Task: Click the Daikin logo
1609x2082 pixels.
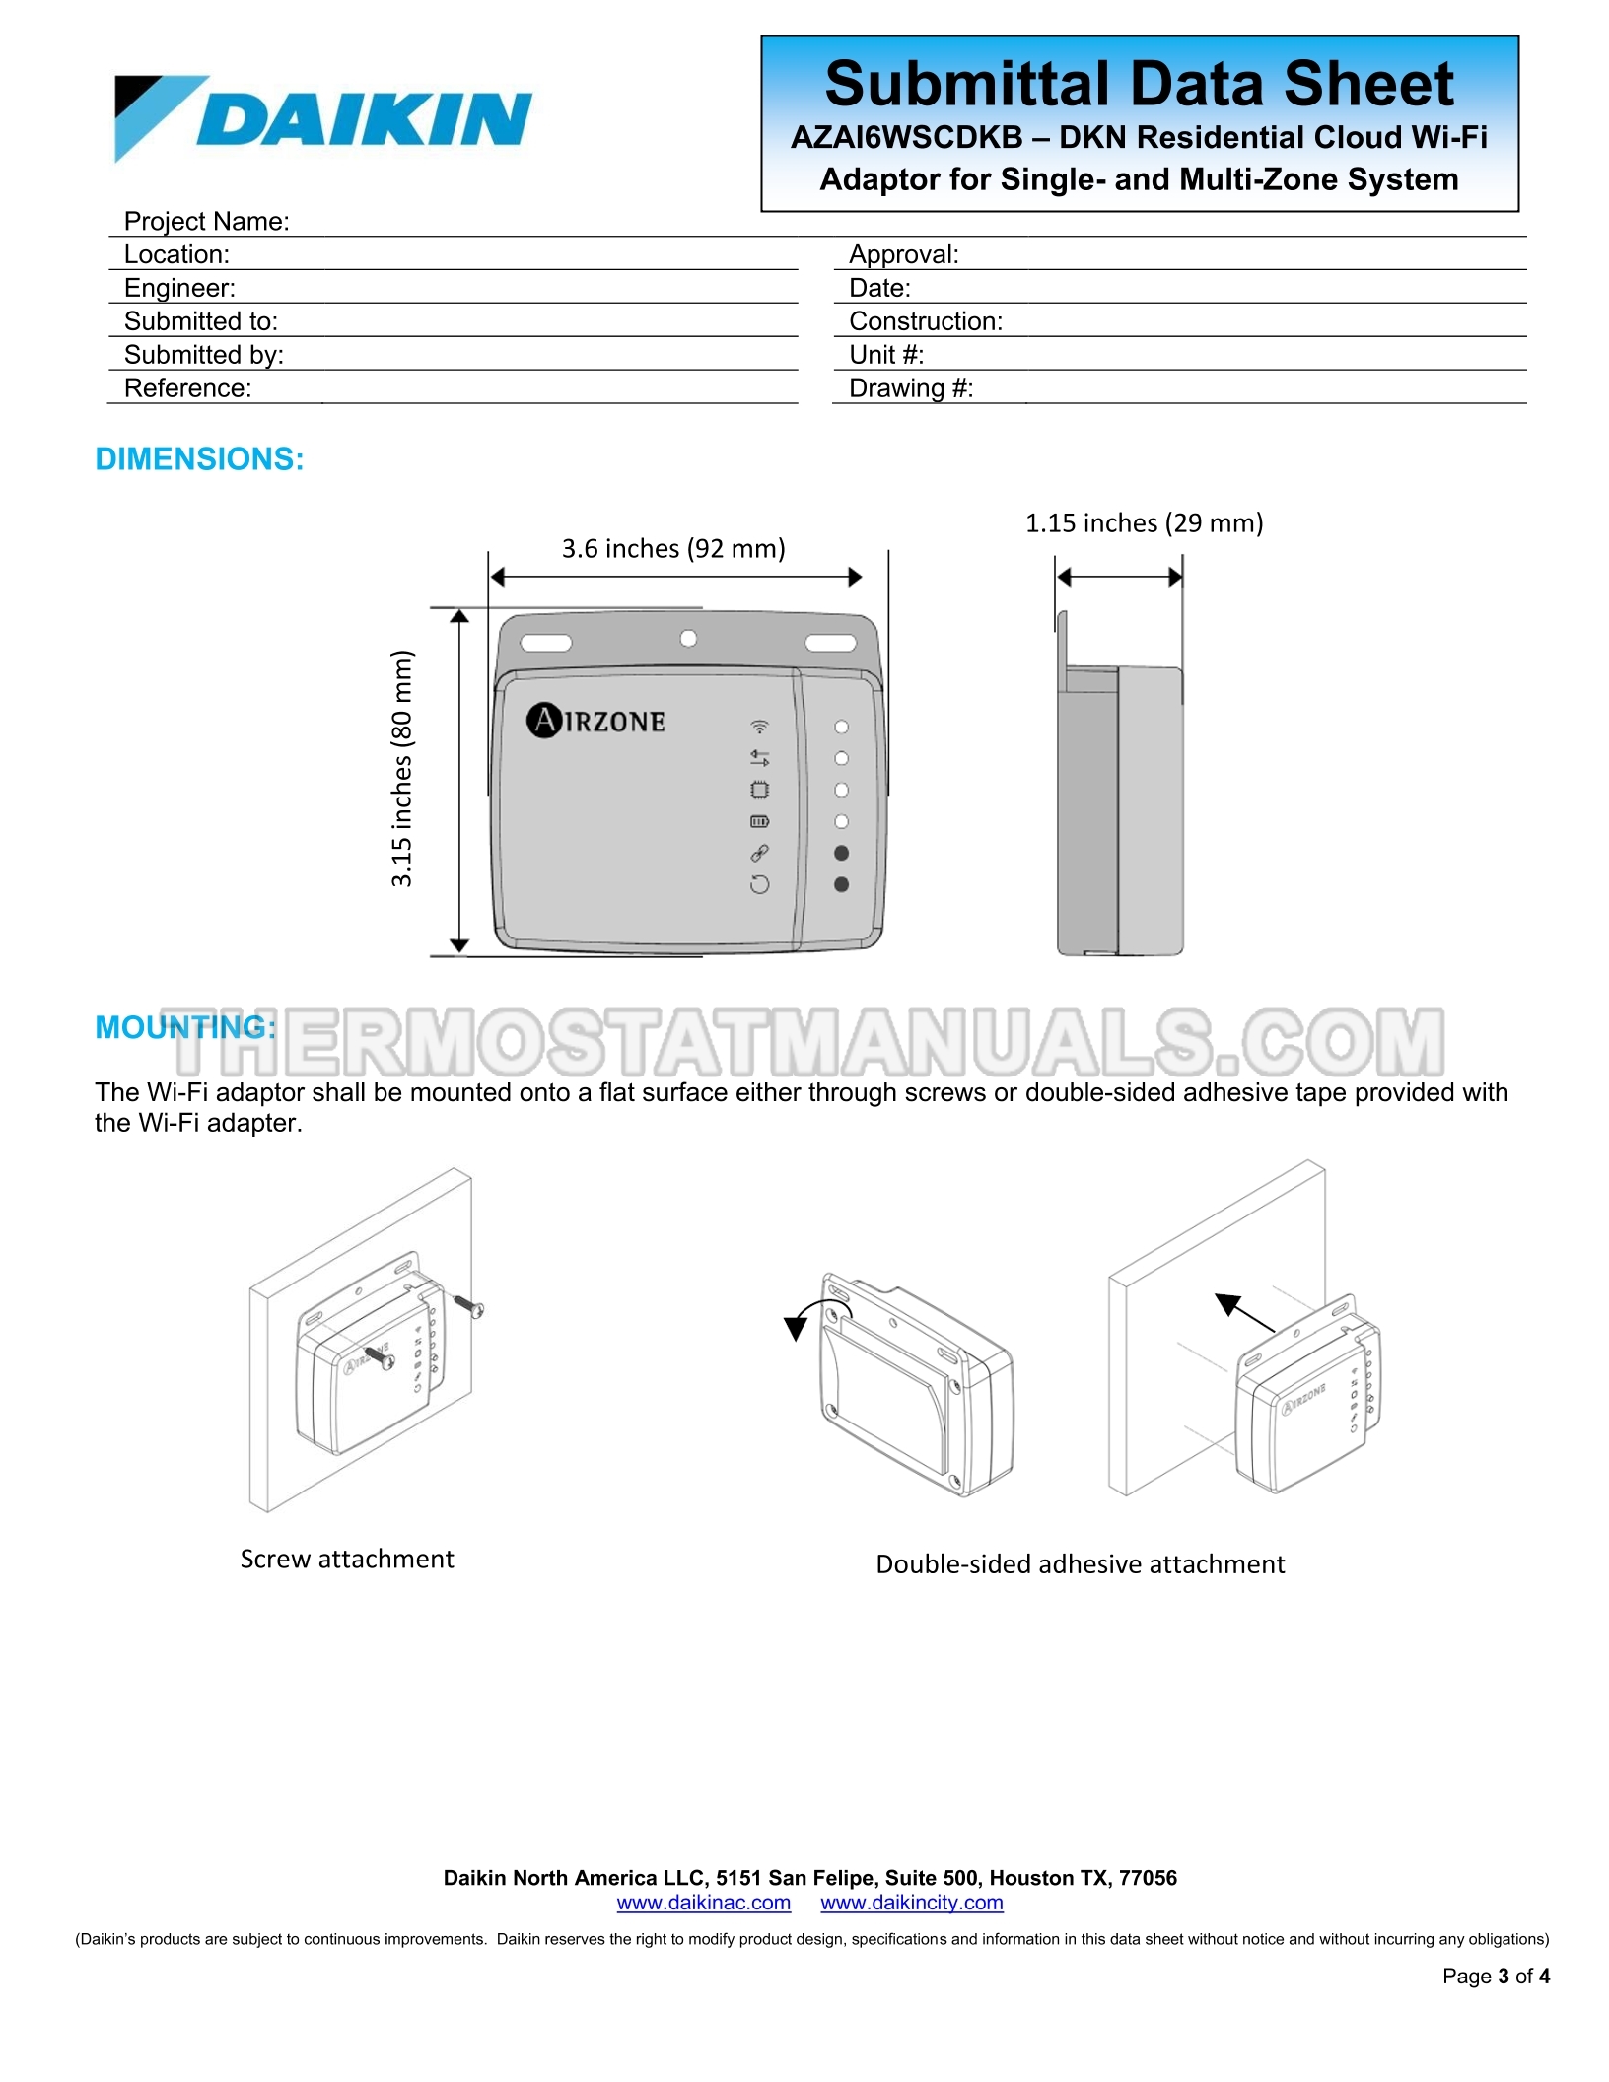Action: (323, 118)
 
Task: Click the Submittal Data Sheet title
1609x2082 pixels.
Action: (1139, 84)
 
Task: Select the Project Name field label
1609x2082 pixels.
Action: (206, 222)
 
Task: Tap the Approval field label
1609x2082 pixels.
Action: (903, 255)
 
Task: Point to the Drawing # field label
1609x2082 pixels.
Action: (910, 388)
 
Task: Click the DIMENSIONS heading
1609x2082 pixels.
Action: (199, 459)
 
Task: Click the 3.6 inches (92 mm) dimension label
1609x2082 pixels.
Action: (673, 549)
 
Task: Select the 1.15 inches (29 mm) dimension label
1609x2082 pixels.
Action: (1144, 523)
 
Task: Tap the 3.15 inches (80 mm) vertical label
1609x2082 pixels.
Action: (402, 769)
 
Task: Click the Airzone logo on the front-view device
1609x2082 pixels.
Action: (595, 721)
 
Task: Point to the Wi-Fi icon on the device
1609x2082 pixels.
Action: (759, 727)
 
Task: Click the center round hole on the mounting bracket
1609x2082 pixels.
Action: (688, 639)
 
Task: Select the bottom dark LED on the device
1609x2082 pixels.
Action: (841, 884)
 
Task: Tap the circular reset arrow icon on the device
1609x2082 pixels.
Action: (759, 884)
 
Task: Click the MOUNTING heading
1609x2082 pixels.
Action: (185, 1027)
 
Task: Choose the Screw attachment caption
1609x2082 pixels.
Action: (347, 1560)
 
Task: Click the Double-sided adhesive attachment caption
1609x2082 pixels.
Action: (1081, 1564)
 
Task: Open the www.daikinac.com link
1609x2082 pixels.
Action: (703, 1903)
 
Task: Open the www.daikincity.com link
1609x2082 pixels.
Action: (911, 1903)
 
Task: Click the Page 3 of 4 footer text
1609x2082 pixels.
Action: (1496, 1976)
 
